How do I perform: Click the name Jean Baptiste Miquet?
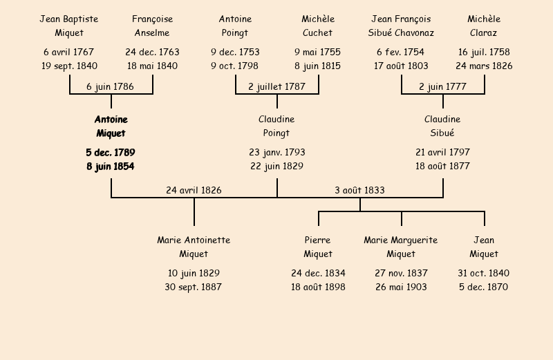pyautogui.click(x=69, y=26)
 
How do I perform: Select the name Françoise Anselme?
pyautogui.click(x=152, y=26)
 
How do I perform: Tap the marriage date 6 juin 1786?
pyautogui.click(x=110, y=87)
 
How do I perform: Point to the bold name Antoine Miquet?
pyautogui.click(x=111, y=126)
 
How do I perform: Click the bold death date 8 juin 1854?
pyautogui.click(x=111, y=167)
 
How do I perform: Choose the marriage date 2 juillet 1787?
pyautogui.click(x=276, y=87)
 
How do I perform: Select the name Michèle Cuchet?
pyautogui.click(x=318, y=26)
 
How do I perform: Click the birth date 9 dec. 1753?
pyautogui.click(x=235, y=53)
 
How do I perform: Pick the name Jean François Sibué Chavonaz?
pyautogui.click(x=401, y=26)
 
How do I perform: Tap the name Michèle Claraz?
pyautogui.click(x=484, y=26)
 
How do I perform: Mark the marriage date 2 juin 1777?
pyautogui.click(x=442, y=87)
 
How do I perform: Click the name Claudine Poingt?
pyautogui.click(x=276, y=126)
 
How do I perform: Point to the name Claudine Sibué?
pyautogui.click(x=442, y=126)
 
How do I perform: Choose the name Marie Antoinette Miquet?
pyautogui.click(x=194, y=247)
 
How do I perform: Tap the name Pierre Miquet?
pyautogui.click(x=318, y=247)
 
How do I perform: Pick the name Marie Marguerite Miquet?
pyautogui.click(x=401, y=247)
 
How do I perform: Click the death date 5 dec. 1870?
pyautogui.click(x=484, y=287)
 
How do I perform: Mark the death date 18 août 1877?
pyautogui.click(x=442, y=167)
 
